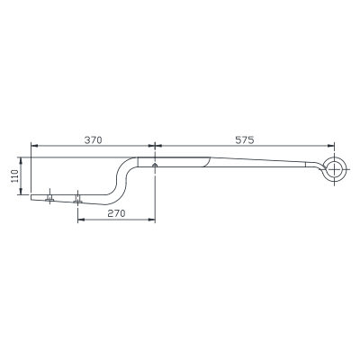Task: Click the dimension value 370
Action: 93,140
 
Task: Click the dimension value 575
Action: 245,140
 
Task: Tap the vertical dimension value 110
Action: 15,175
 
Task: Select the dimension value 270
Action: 116,213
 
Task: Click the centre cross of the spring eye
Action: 333,170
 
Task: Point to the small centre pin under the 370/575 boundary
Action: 155,165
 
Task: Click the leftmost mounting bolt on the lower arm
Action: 49,198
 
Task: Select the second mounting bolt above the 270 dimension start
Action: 77,199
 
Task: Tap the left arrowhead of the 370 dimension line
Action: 34,146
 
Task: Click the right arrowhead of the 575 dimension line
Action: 330,146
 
